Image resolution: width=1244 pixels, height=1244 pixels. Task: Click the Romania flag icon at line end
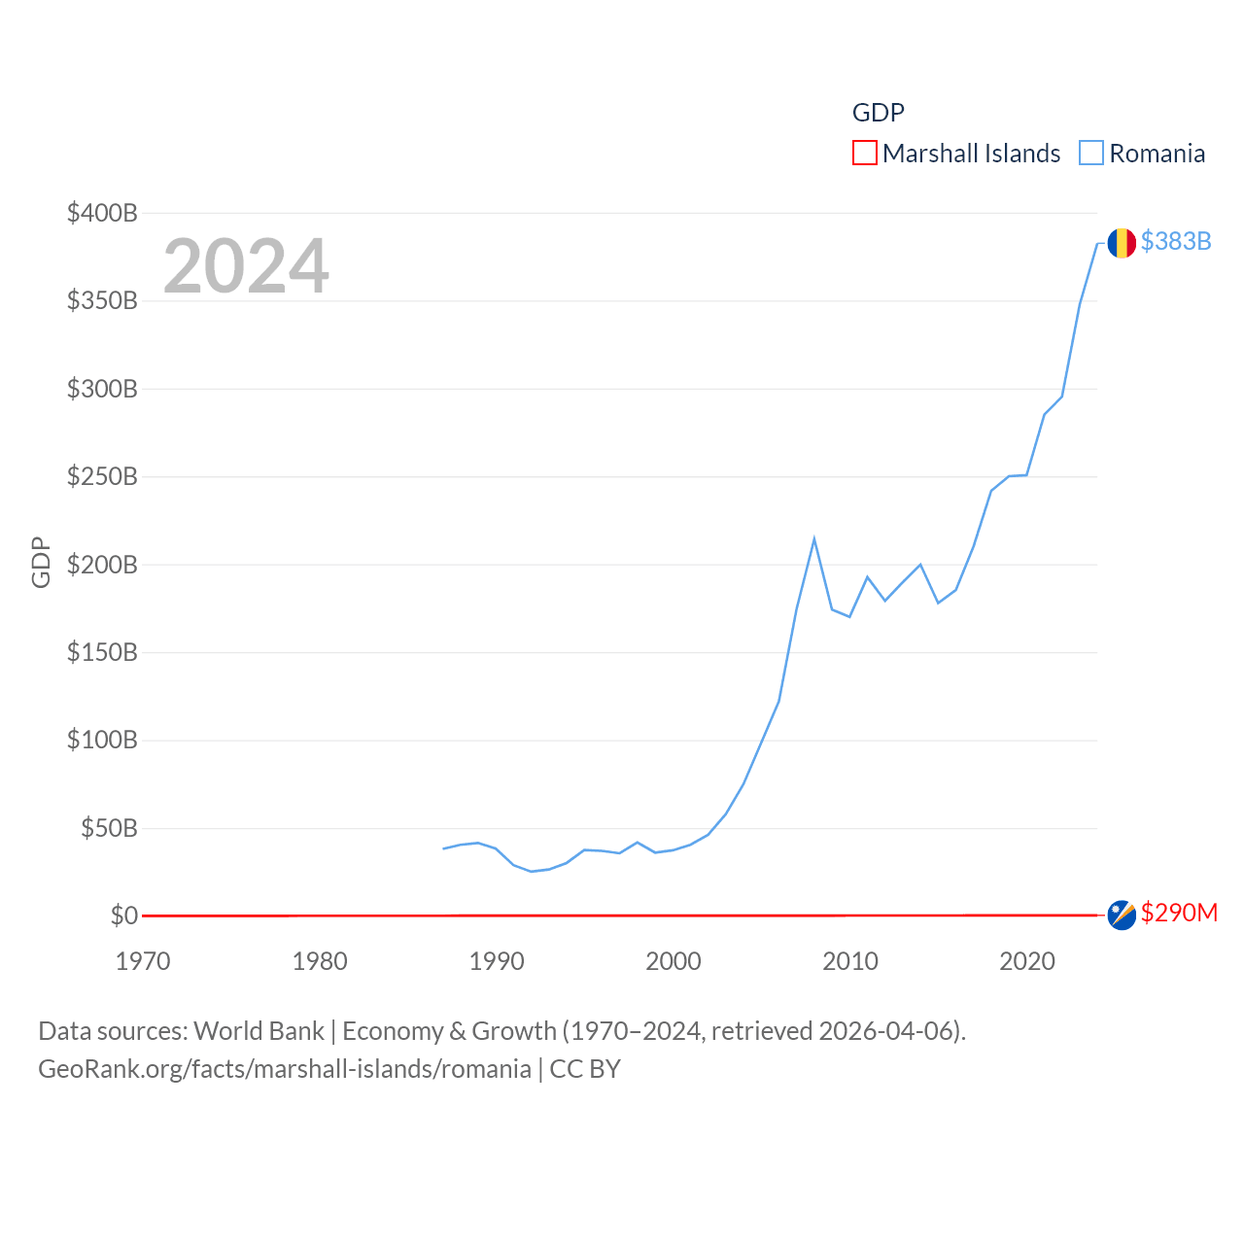pyautogui.click(x=1122, y=243)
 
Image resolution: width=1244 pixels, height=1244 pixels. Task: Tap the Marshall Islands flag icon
pyautogui.click(x=1122, y=915)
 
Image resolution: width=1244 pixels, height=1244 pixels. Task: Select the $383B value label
pyautogui.click(x=1176, y=241)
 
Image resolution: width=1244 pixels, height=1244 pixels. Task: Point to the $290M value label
pyautogui.click(x=1179, y=913)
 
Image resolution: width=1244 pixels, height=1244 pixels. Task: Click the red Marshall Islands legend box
pyautogui.click(x=864, y=154)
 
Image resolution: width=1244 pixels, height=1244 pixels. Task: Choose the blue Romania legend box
pyautogui.click(x=1091, y=154)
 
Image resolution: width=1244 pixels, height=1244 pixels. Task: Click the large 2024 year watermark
pyautogui.click(x=246, y=266)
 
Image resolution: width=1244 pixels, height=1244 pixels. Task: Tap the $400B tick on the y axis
pyautogui.click(x=102, y=213)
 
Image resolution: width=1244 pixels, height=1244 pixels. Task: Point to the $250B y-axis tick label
pyautogui.click(x=102, y=476)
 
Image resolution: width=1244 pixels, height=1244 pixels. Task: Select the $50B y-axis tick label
pyautogui.click(x=109, y=828)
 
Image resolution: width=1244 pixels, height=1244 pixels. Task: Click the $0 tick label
pyautogui.click(x=124, y=916)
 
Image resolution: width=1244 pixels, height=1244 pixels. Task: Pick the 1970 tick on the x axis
pyautogui.click(x=143, y=961)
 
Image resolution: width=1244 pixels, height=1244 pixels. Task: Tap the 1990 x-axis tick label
pyautogui.click(x=497, y=961)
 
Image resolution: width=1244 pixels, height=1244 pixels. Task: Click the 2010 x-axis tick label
pyautogui.click(x=850, y=961)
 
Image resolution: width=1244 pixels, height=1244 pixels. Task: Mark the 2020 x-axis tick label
pyautogui.click(x=1027, y=961)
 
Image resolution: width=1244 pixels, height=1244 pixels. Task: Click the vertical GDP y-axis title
pyautogui.click(x=41, y=562)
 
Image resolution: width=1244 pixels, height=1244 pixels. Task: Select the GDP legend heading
pyautogui.click(x=879, y=113)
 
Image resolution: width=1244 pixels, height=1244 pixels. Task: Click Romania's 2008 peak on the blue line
pyautogui.click(x=814, y=539)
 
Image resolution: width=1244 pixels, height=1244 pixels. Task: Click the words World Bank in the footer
pyautogui.click(x=259, y=1030)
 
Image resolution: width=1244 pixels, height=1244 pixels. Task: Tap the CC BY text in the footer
pyautogui.click(x=585, y=1069)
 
